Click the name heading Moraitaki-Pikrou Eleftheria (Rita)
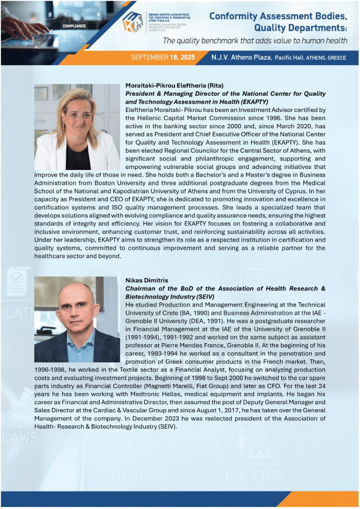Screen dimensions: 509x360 [x=174, y=85]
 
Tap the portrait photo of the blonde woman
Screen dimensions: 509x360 [x=77, y=127]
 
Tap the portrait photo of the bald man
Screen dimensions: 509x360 [x=77, y=319]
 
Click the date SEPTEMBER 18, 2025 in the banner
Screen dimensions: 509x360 [x=163, y=58]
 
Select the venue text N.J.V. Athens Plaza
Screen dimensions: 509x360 [x=241, y=58]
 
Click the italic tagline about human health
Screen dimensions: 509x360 [x=255, y=41]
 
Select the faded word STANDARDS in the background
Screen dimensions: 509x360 [x=127, y=475]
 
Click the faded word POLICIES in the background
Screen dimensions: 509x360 [x=253, y=475]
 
